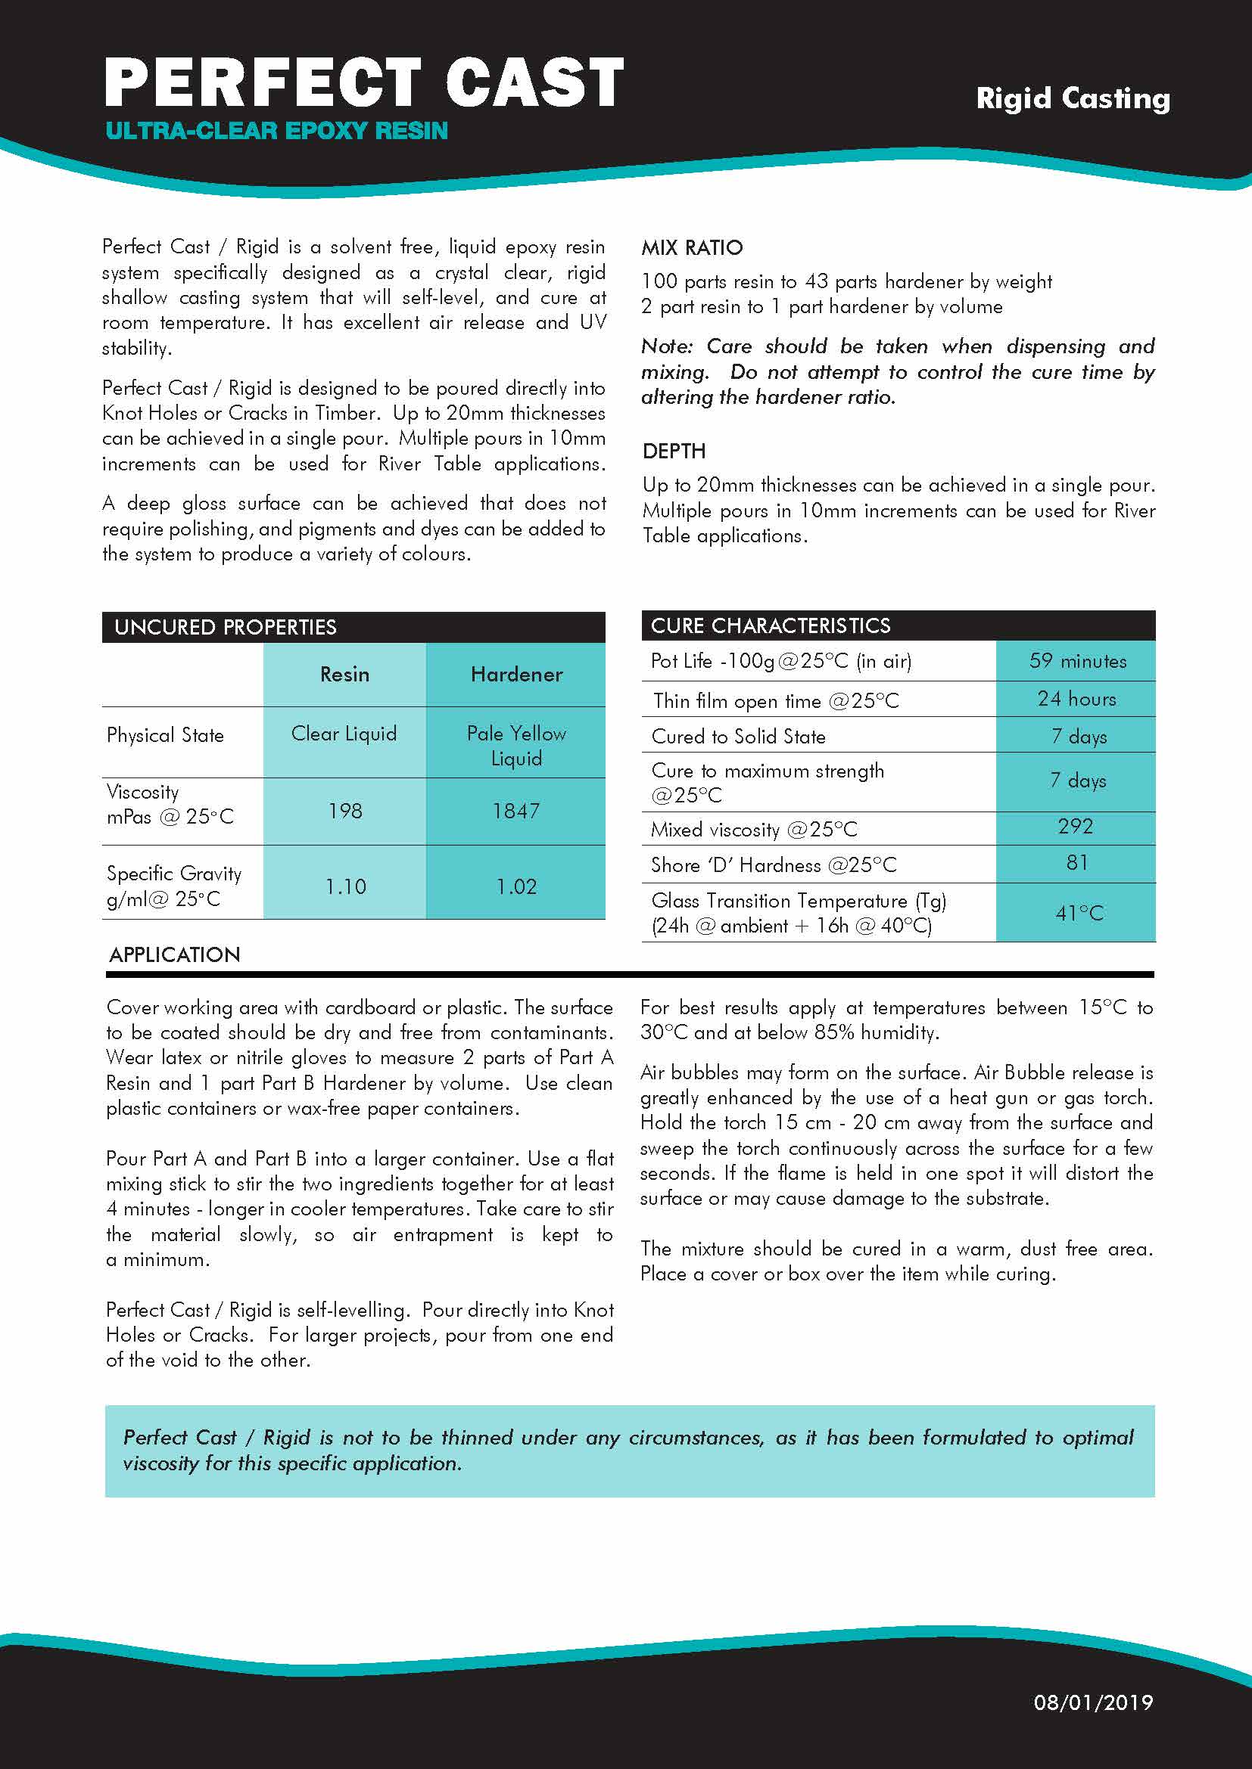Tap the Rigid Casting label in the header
(x=1073, y=98)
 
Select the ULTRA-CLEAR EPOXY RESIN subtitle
(x=277, y=131)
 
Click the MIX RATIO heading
(x=692, y=247)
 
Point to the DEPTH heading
(x=674, y=451)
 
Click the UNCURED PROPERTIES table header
(x=225, y=627)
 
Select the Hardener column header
(x=516, y=674)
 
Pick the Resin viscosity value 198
(x=344, y=811)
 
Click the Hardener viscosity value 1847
(x=515, y=811)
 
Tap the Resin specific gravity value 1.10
(x=344, y=886)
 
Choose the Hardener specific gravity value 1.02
(x=515, y=886)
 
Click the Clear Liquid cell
(x=344, y=734)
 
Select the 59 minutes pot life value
(x=1077, y=660)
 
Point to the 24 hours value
(x=1076, y=699)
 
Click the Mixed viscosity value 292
(x=1076, y=826)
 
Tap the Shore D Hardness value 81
(x=1076, y=862)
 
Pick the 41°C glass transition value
(x=1079, y=913)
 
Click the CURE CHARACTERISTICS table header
(x=770, y=625)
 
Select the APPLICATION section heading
(x=174, y=954)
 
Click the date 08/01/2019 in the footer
(x=1092, y=1702)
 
